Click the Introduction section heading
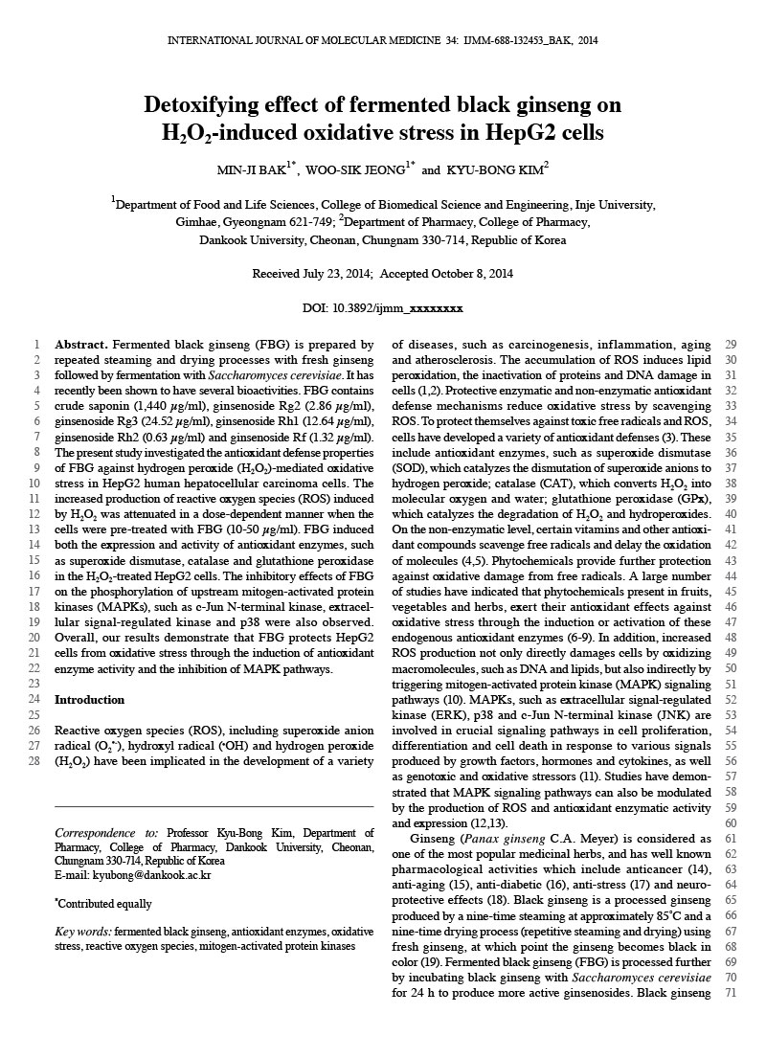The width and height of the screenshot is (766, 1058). tap(90, 700)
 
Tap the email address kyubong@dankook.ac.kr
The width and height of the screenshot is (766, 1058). tap(133, 875)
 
